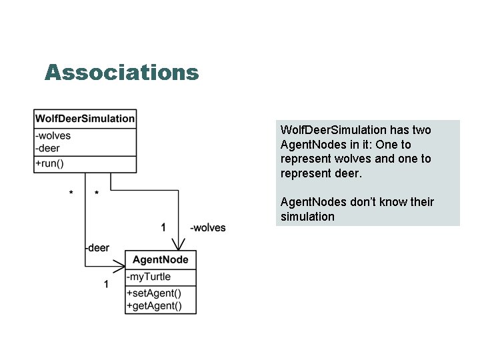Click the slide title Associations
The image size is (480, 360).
tap(121, 72)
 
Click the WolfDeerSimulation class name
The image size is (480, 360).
tap(85, 119)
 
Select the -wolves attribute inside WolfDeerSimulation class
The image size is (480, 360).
tap(53, 136)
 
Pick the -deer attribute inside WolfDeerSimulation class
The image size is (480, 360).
tap(48, 147)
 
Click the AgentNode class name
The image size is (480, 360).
tap(161, 260)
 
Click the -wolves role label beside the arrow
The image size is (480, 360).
tap(208, 228)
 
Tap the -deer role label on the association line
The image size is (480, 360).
tap(97, 248)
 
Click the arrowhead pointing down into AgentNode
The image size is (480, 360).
tap(178, 245)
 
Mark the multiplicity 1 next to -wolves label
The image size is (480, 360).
tap(164, 228)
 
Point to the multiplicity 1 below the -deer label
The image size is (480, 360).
tap(106, 285)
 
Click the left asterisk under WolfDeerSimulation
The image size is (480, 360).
tap(71, 194)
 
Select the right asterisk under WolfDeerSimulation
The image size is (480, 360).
tap(97, 194)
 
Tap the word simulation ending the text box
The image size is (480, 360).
tap(307, 217)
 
